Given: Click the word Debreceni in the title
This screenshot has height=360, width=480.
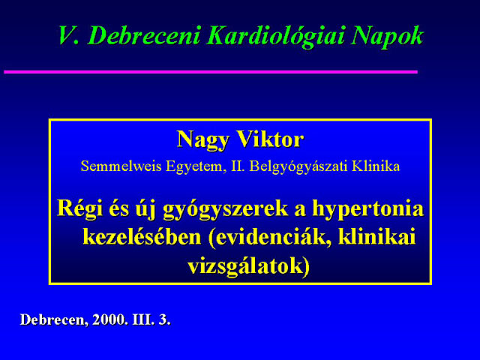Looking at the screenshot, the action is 145,36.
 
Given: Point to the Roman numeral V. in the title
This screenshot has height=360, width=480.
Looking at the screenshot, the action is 70,36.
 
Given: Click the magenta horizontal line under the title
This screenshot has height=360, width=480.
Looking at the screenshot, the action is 211,72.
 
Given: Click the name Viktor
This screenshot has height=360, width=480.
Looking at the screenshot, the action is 270,139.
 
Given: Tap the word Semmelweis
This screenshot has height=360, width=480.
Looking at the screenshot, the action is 121,166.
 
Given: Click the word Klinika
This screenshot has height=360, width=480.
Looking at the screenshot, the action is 376,166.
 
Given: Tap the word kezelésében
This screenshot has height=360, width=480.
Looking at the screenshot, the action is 142,237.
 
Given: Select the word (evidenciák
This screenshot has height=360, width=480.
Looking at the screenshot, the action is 271,238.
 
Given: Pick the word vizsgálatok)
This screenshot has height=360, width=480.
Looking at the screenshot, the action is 249,266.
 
